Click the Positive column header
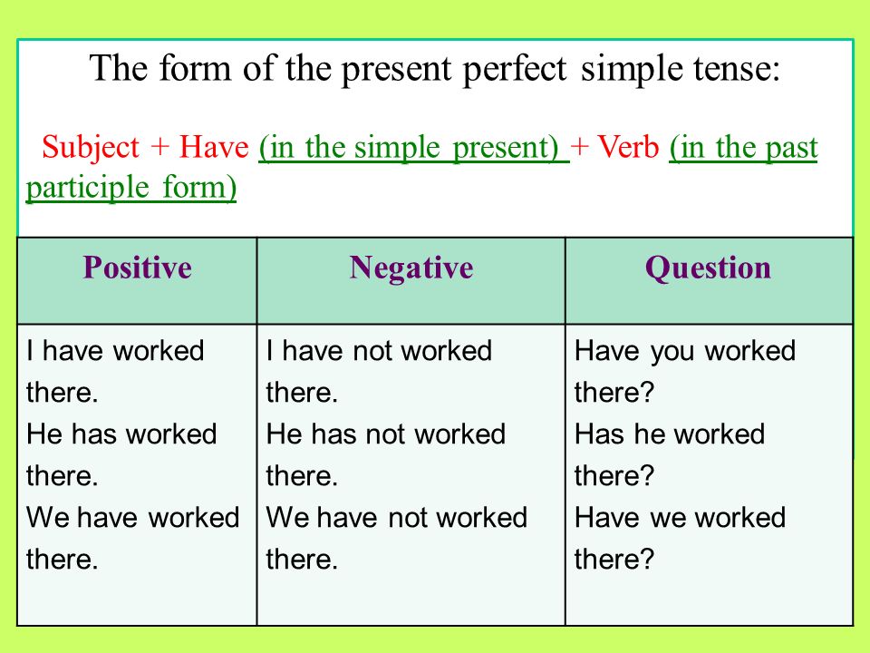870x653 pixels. click(137, 268)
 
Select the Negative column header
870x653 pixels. click(411, 268)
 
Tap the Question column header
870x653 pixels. click(708, 268)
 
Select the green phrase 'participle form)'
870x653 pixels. click(131, 188)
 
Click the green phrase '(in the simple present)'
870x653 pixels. click(411, 148)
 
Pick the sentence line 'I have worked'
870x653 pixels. click(116, 351)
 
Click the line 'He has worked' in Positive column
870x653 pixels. click(121, 434)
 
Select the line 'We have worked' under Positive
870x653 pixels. click(132, 518)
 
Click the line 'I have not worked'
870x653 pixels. click(379, 351)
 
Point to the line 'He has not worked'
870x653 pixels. click(386, 434)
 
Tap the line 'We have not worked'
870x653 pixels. click(396, 518)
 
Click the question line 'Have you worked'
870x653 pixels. click(685, 351)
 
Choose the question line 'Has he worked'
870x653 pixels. click(670, 434)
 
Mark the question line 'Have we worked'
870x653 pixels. click(680, 518)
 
